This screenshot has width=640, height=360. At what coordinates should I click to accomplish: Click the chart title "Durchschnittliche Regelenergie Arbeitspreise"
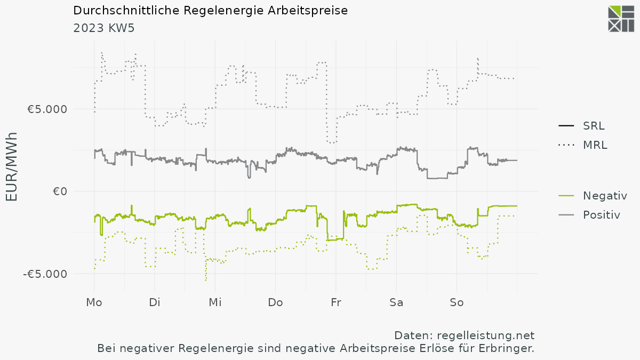(210, 11)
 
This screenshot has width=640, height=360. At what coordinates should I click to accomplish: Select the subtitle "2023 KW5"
(103, 28)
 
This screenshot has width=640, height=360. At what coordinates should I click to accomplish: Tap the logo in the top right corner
(621, 19)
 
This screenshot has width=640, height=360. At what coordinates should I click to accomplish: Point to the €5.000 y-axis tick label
(47, 109)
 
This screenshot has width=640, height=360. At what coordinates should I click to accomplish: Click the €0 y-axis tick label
(60, 191)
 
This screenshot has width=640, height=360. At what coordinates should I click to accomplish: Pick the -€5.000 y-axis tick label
(45, 274)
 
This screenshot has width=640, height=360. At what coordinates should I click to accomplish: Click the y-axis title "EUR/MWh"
(12, 166)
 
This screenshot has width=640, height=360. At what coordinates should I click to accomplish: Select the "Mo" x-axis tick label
(94, 303)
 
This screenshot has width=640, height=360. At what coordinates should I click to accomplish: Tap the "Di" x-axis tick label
(155, 303)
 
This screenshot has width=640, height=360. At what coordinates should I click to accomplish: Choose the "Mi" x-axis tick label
(215, 303)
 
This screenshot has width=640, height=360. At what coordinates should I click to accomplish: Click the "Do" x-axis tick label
(275, 303)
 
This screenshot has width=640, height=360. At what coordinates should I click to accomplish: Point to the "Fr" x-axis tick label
(336, 303)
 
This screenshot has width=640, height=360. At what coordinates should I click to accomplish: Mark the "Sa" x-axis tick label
(396, 303)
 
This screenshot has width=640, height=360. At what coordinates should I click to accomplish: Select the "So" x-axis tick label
(457, 303)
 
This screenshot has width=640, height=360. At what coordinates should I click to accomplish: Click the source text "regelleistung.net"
(485, 335)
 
